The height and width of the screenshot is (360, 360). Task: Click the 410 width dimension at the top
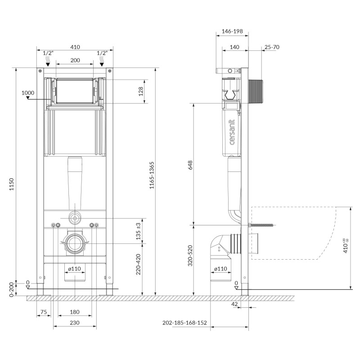75,47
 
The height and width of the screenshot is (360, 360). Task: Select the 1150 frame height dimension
12,184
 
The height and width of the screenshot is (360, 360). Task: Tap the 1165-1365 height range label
152,175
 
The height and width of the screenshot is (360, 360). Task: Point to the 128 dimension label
141,91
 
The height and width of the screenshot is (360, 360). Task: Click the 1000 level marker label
28,93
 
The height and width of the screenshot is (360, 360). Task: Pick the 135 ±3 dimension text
139,231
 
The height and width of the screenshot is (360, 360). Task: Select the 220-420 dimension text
139,264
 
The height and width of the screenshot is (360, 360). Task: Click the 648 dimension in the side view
190,165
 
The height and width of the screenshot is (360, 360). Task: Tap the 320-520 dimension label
190,256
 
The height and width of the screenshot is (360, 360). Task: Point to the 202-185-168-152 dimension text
184,323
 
